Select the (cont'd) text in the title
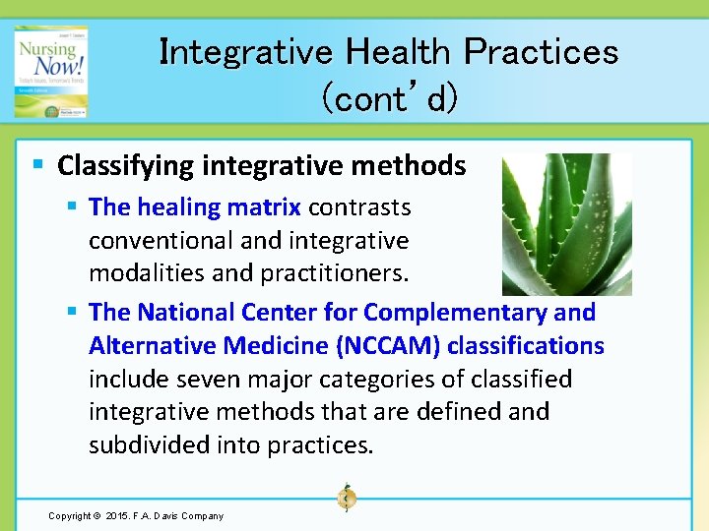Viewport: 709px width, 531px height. tap(388, 97)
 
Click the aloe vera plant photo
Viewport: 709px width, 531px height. tap(566, 224)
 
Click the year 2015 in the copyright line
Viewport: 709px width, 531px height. tap(115, 515)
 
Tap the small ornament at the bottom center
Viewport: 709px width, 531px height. tap(346, 498)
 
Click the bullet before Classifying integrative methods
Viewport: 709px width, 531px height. tap(36, 165)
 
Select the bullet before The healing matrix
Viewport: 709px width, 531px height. tap(72, 207)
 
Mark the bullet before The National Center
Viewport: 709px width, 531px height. tap(72, 313)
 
